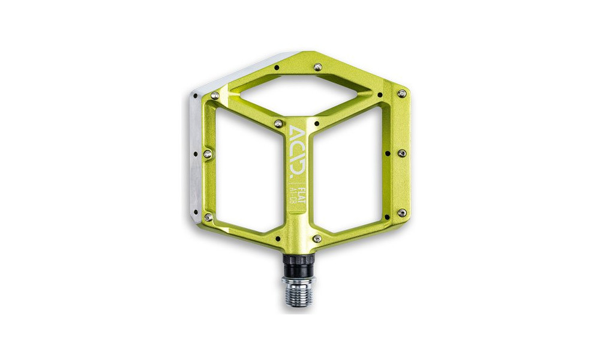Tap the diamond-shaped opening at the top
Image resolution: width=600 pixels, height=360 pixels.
click(299, 95)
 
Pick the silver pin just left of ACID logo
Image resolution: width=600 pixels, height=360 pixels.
click(278, 124)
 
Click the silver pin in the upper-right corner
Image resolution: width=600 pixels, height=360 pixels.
click(402, 94)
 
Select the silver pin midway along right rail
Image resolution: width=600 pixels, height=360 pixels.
click(402, 153)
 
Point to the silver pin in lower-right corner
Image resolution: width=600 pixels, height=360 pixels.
click(402, 213)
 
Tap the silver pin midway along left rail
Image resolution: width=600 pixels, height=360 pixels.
click(208, 154)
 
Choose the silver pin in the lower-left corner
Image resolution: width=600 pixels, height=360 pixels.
click(208, 217)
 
